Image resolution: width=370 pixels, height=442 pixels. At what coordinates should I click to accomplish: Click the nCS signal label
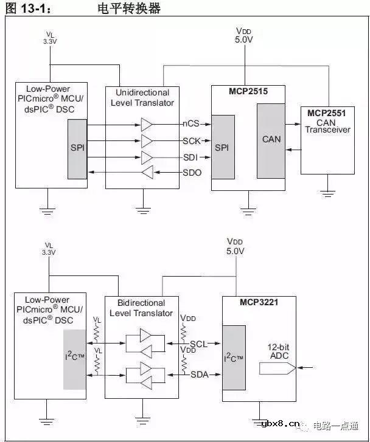(191, 124)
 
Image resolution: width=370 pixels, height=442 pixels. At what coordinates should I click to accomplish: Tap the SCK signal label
(191, 140)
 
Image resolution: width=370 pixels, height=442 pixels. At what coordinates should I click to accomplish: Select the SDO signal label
(192, 173)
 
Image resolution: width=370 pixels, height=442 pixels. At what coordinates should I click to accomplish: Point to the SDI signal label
(191, 157)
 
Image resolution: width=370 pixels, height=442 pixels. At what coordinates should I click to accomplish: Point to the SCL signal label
(198, 344)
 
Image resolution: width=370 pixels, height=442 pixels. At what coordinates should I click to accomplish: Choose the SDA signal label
(198, 374)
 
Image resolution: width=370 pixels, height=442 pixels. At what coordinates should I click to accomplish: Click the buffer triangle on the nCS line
(147, 125)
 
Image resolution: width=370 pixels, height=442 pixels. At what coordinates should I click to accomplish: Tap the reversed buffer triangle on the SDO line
(147, 173)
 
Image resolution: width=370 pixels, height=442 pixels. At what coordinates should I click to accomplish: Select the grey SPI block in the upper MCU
(77, 149)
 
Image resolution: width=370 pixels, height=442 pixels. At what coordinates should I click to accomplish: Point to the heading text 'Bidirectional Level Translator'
(141, 308)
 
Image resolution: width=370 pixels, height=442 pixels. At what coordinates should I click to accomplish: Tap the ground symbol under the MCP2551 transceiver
(328, 193)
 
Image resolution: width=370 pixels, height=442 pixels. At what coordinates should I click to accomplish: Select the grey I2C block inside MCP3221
(234, 357)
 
